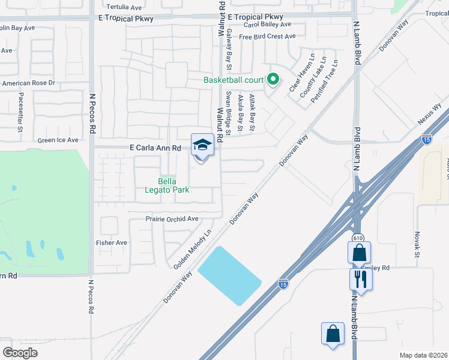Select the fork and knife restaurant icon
(x=361, y=278)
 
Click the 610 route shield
(x=358, y=238)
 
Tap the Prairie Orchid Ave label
(x=172, y=219)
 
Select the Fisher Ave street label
(x=112, y=242)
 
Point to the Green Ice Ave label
(x=58, y=140)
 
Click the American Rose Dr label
(x=28, y=83)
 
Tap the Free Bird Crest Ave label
(x=267, y=37)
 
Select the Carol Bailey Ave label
(x=267, y=25)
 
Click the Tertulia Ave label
(x=119, y=7)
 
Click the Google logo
(x=20, y=353)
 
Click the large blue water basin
(x=230, y=275)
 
